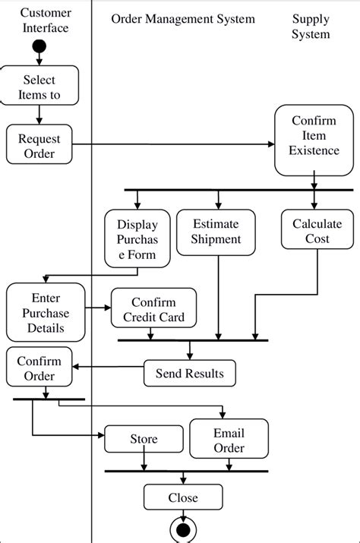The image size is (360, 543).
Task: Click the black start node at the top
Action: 39,49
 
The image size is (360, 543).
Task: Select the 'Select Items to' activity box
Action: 39,86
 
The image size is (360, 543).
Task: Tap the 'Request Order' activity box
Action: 39,144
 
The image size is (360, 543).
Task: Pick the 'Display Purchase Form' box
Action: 137,239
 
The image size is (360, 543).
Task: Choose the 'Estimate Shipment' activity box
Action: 216,232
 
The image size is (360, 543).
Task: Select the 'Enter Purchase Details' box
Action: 46,312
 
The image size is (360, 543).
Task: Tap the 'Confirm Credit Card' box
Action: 153,309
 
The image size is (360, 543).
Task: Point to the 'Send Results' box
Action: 189,373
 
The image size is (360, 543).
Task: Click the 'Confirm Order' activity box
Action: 39,368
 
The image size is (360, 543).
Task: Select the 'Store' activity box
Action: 144,439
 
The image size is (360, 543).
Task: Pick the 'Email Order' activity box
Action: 229,440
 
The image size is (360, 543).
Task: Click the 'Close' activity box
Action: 183,497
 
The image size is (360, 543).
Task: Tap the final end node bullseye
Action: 183,529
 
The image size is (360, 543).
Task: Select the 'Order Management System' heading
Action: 183,18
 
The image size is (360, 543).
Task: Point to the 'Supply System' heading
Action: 311,26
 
